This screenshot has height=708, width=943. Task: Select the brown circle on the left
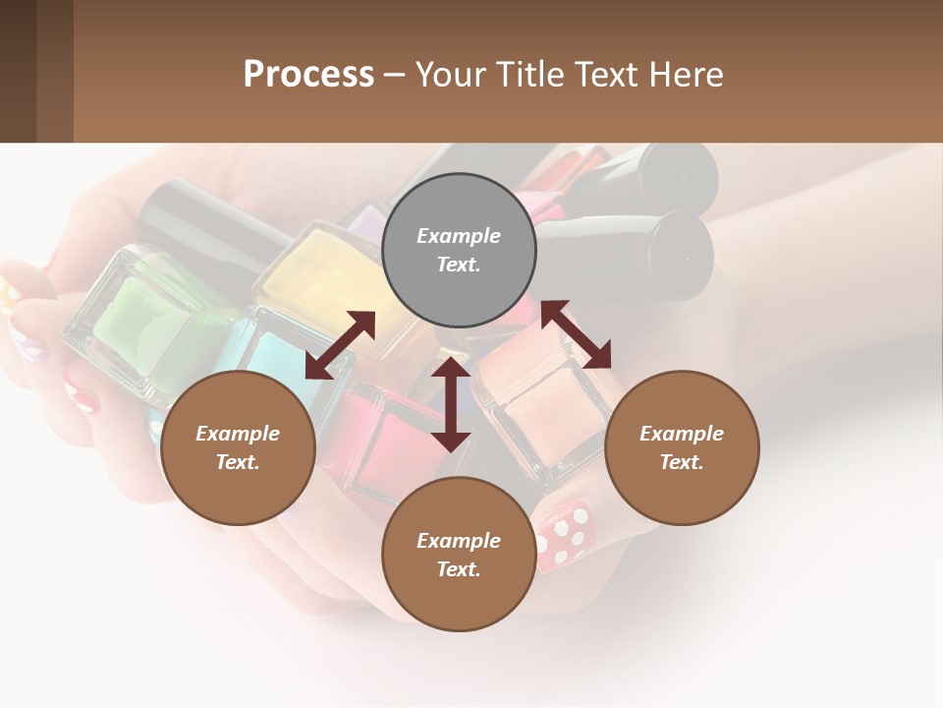tap(238, 447)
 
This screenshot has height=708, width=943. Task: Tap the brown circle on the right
tap(682, 447)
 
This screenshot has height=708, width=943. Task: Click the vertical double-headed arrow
tap(451, 404)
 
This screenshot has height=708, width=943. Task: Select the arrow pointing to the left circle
tap(340, 345)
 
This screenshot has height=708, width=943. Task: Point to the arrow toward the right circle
tap(577, 334)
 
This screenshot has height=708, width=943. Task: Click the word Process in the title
tap(308, 74)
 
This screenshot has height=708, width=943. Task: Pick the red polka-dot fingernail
tap(565, 536)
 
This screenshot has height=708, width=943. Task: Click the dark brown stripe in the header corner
tap(18, 71)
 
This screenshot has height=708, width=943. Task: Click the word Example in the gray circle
tap(459, 236)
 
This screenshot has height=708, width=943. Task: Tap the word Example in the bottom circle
tap(459, 541)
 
